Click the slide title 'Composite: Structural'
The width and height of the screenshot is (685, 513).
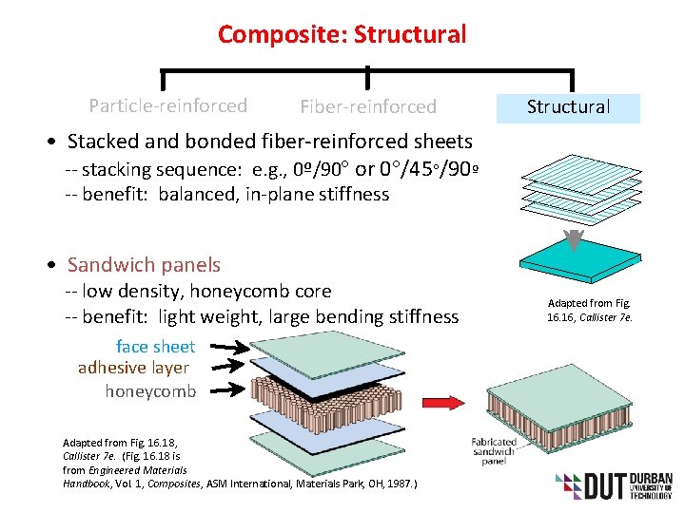point(342,35)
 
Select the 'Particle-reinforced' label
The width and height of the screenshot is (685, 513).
point(167,105)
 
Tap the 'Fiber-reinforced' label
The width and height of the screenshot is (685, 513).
point(367,106)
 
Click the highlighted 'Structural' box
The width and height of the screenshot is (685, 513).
point(568,107)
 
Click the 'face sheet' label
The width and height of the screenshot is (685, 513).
point(155,347)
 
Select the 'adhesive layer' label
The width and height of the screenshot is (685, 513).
point(133,368)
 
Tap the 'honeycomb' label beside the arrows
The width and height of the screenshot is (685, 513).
point(150,390)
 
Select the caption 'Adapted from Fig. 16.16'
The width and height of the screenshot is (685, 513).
point(590,310)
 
